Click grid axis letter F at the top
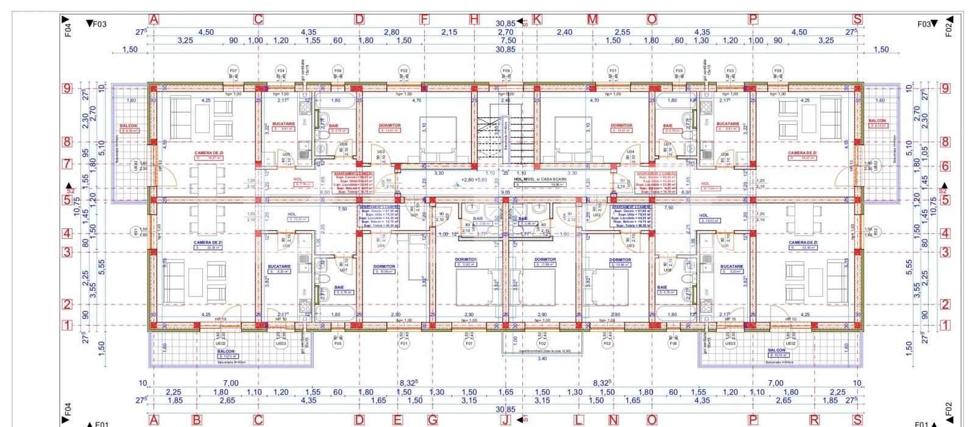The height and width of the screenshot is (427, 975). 425,19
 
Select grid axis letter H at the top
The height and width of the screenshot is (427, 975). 474,19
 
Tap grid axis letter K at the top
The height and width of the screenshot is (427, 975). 537,19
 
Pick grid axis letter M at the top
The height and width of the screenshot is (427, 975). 592,19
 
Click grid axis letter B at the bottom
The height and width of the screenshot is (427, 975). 197,420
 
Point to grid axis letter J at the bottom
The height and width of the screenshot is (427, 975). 505,420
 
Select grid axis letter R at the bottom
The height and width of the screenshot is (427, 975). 814,420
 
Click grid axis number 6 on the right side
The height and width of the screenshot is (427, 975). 945,166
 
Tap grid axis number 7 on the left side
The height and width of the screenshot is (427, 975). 68,164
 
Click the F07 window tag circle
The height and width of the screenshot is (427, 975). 233,71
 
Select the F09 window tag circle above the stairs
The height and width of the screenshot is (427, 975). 506,71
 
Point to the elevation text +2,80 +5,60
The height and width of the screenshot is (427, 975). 475,180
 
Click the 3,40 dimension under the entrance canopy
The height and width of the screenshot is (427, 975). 542,359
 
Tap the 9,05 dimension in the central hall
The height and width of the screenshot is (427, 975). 505,192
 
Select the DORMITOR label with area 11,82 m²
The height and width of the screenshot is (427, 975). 467,259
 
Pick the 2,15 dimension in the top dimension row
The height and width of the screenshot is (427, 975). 449,32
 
